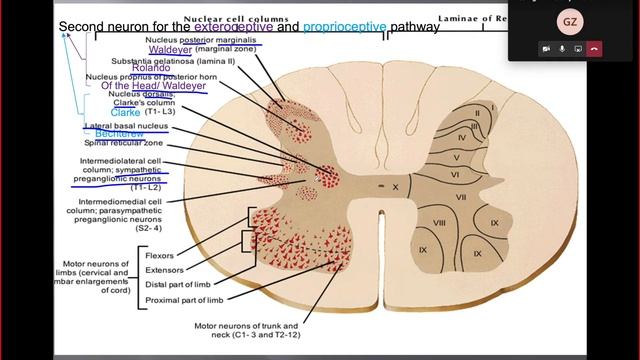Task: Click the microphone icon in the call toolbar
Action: point(562,48)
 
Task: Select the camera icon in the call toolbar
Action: point(546,48)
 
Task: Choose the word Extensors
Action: point(165,270)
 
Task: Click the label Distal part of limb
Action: point(178,285)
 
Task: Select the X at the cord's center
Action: point(394,187)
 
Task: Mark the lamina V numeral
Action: point(455,157)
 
